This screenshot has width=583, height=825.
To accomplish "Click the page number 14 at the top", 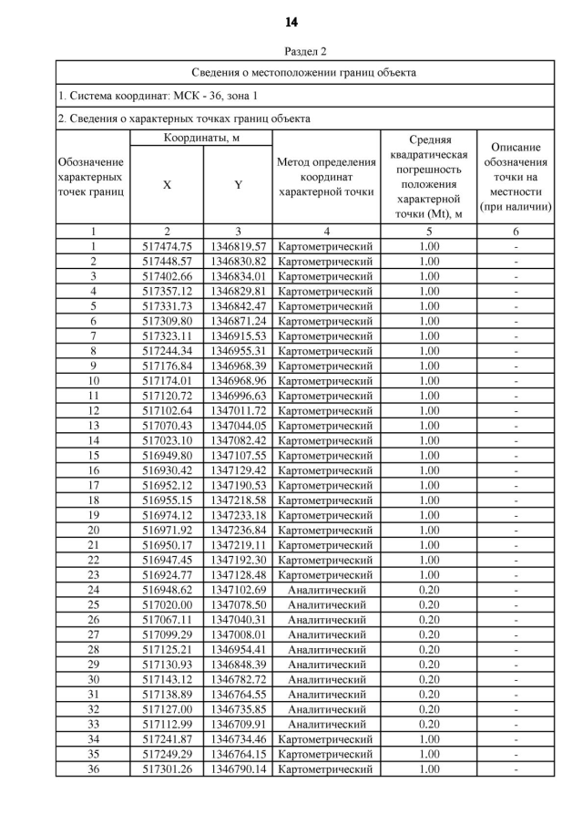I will point(291,22).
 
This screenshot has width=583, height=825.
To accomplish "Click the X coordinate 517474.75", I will point(168,246).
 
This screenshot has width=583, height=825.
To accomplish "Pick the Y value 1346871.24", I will point(238,322).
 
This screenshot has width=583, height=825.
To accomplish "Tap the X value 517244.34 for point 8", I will point(168,351).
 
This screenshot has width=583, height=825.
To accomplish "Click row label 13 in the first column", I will point(93,426).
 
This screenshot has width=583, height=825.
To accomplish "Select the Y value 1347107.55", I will point(238,455).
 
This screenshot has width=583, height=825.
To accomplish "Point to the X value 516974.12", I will point(168,515).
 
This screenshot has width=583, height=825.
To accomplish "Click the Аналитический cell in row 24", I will point(325,590).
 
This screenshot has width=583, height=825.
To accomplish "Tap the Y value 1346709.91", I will point(238,724).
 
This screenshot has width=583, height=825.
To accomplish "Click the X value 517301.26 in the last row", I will point(168,768).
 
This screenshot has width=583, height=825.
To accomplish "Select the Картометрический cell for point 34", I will point(325,739).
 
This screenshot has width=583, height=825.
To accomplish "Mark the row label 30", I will point(93,679).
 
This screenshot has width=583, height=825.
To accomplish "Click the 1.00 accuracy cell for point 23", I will point(429,574).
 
